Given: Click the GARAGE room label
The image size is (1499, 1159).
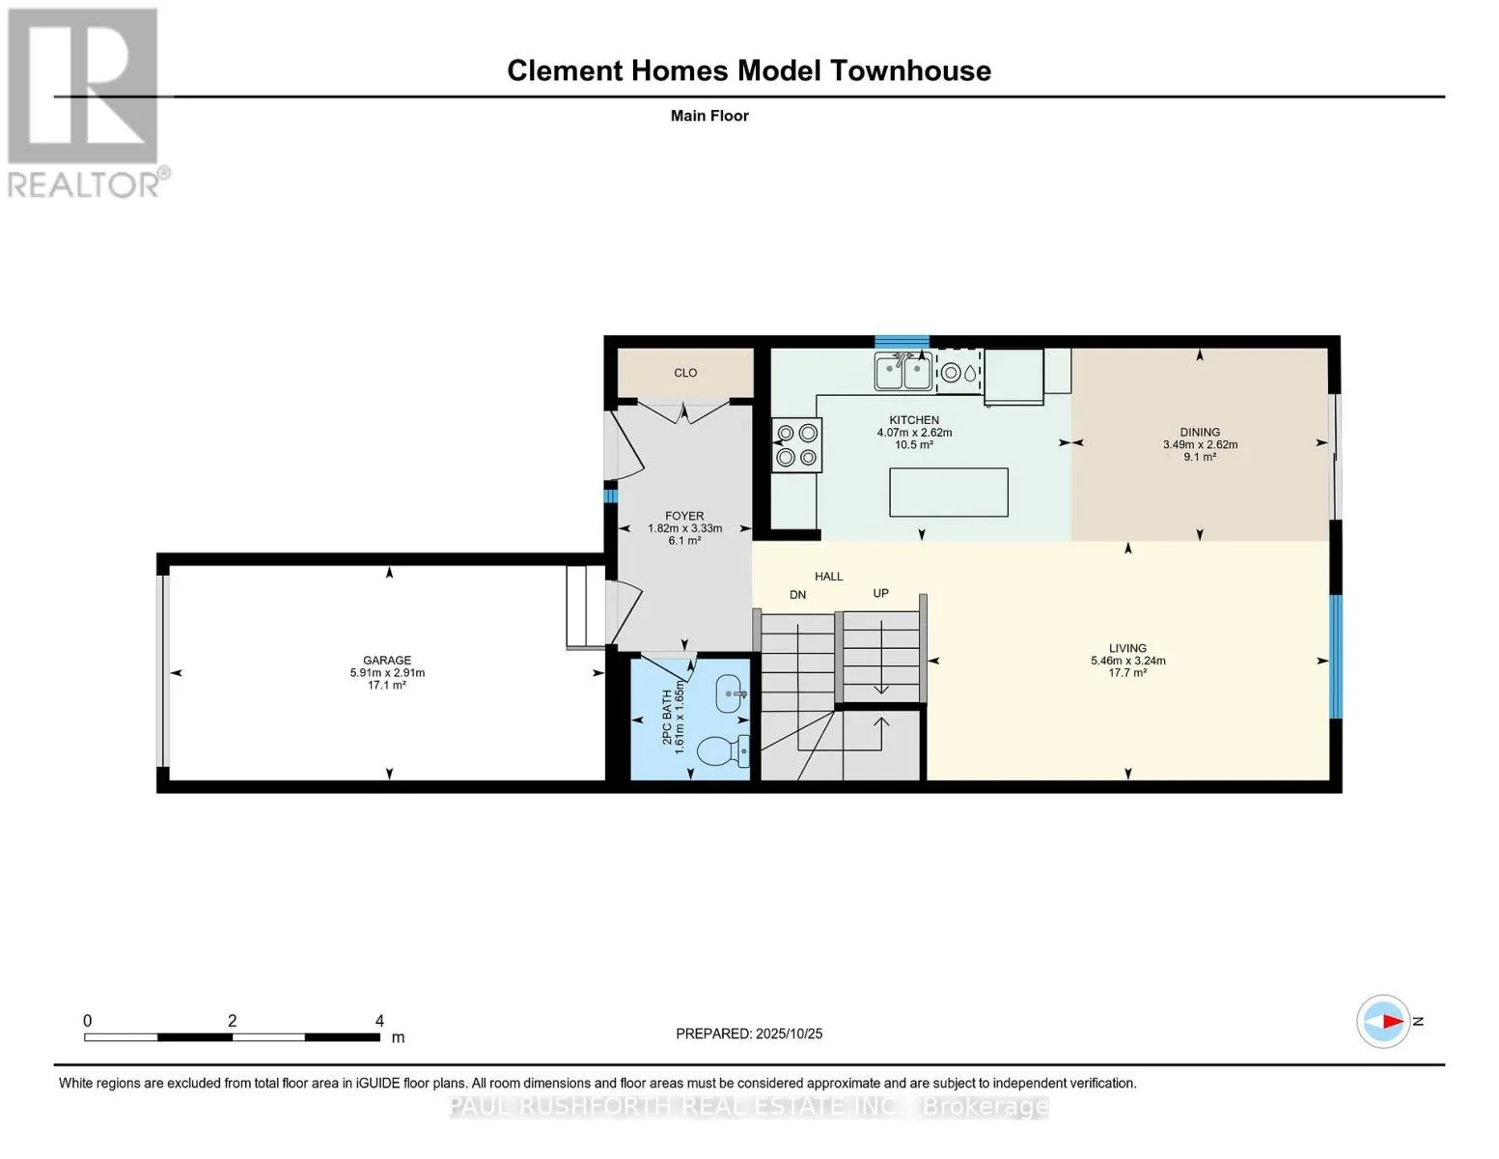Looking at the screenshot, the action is [x=387, y=660].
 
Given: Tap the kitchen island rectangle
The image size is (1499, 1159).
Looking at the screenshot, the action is [x=949, y=493].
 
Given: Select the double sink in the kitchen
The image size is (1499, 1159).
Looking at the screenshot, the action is [x=903, y=372].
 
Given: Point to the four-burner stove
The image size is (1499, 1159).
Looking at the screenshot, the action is [x=796, y=445].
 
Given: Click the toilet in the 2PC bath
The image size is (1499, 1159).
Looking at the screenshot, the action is [x=723, y=750].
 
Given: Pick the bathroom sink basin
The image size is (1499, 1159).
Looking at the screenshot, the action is [x=732, y=693].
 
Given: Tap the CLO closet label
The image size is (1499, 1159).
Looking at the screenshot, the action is [x=685, y=373].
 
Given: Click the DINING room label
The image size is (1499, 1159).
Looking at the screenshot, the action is [x=1200, y=432].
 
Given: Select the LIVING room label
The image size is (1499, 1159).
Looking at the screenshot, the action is [x=1128, y=648].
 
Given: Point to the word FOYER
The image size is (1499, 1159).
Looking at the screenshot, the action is [x=684, y=516].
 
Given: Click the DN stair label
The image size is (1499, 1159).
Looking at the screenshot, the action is [x=797, y=594].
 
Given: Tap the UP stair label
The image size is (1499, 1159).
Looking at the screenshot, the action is [x=881, y=593].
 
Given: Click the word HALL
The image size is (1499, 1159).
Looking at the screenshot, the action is [x=828, y=577].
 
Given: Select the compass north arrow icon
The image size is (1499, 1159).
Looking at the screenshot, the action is [x=1383, y=1021].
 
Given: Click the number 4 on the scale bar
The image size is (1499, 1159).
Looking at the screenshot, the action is [x=379, y=1020].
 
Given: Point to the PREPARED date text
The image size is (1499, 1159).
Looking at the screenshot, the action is [x=749, y=1033].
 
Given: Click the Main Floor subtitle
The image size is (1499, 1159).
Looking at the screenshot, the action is [x=709, y=115].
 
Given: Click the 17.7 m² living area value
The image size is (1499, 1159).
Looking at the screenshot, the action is [x=1128, y=672].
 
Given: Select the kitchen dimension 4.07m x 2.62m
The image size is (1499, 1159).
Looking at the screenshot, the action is [x=914, y=432].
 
